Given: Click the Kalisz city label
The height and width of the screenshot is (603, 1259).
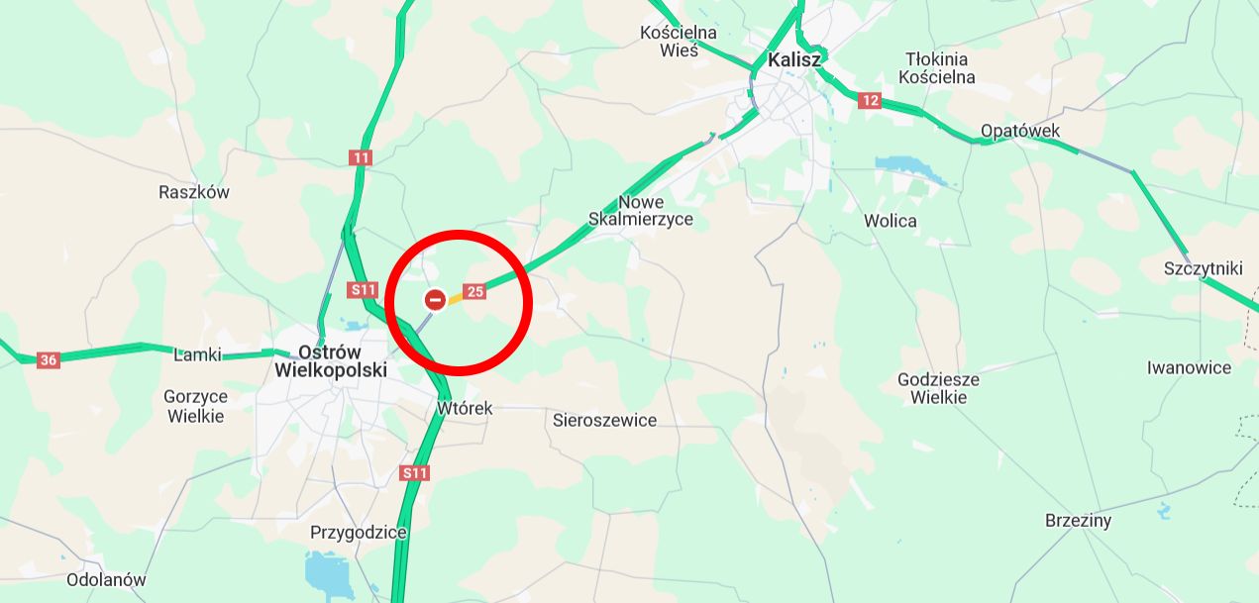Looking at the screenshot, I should tap(794, 59).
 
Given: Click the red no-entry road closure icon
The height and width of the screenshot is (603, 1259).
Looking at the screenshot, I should tap(435, 299).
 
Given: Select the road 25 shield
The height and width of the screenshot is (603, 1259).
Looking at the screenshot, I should tap(474, 291).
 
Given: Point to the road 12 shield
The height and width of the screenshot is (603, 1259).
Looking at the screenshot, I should tap(870, 100).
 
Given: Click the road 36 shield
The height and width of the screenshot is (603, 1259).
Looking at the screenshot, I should tap(48, 360).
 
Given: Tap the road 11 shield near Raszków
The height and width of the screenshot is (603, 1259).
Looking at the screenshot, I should tap(361, 157).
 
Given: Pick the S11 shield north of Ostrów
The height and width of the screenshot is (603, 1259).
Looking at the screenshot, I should tap(364, 290).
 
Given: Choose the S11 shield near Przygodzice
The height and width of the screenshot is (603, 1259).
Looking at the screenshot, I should tap(415, 473).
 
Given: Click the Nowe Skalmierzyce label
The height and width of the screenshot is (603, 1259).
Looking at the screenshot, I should tap(641, 210).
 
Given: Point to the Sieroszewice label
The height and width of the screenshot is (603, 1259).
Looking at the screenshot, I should tap(604, 420).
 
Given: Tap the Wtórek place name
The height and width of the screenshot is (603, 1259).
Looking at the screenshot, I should tap(465, 408).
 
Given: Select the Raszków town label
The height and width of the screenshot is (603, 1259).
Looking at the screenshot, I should tap(194, 192).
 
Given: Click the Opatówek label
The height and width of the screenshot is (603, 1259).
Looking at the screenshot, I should tap(1019, 131).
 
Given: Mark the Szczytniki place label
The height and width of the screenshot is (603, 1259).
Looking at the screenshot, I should tap(1203, 268).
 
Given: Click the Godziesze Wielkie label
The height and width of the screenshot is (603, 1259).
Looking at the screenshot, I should tap(938, 388).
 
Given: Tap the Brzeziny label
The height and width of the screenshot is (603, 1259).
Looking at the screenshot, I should tap(1078, 521).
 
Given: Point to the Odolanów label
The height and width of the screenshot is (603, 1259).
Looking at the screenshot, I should tap(106, 580).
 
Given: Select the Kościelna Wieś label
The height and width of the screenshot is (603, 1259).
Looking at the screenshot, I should tap(679, 42).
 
